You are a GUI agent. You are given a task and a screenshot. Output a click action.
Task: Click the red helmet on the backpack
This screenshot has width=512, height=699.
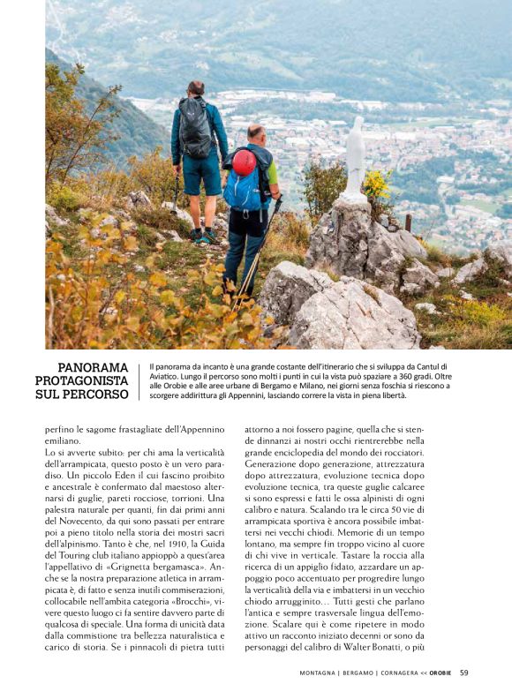(x=244, y=162)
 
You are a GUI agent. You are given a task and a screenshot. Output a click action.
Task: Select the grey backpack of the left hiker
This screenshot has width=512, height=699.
(x=196, y=127)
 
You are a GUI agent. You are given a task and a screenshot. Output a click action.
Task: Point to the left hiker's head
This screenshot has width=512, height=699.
(x=196, y=88)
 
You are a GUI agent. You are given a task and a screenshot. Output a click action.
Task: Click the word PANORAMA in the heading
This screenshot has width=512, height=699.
(x=93, y=367)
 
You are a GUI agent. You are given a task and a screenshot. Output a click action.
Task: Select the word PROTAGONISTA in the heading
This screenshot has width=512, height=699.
(x=81, y=380)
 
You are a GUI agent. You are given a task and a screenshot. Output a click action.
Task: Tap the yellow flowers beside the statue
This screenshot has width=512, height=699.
(x=378, y=184)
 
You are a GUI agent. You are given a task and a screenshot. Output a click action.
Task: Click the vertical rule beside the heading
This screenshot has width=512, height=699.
(x=139, y=381)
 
